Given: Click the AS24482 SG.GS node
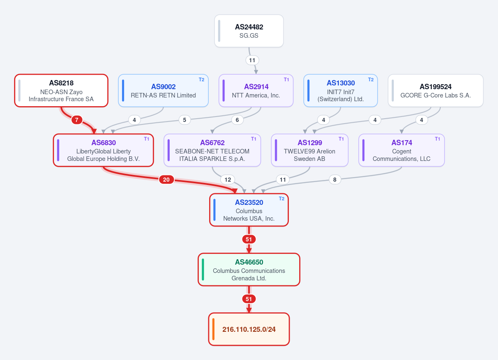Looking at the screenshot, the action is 249,31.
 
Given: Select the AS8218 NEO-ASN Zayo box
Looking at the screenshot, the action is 61,91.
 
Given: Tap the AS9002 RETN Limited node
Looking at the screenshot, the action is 164,91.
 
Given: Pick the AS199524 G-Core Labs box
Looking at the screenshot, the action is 435,91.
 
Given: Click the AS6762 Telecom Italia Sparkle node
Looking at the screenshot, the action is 212,150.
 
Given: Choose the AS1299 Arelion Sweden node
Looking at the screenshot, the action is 310,150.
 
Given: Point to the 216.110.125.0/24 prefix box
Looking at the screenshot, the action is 249,329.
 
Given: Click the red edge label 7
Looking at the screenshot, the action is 77,120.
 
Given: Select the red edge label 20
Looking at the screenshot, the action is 166,180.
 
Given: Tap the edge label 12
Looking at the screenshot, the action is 228,180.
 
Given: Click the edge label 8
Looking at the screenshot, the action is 334,180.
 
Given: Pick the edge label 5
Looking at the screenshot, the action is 185,120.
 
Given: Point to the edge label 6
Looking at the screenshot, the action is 237,120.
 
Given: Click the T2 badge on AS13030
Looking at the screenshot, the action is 371,80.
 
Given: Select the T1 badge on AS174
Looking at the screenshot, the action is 437,139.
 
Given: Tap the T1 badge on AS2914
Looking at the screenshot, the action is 286,80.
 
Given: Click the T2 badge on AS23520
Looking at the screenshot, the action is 281,199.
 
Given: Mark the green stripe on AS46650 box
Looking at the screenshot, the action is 203,270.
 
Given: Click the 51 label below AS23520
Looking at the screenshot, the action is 249,239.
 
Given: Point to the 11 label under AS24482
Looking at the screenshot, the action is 252,60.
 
